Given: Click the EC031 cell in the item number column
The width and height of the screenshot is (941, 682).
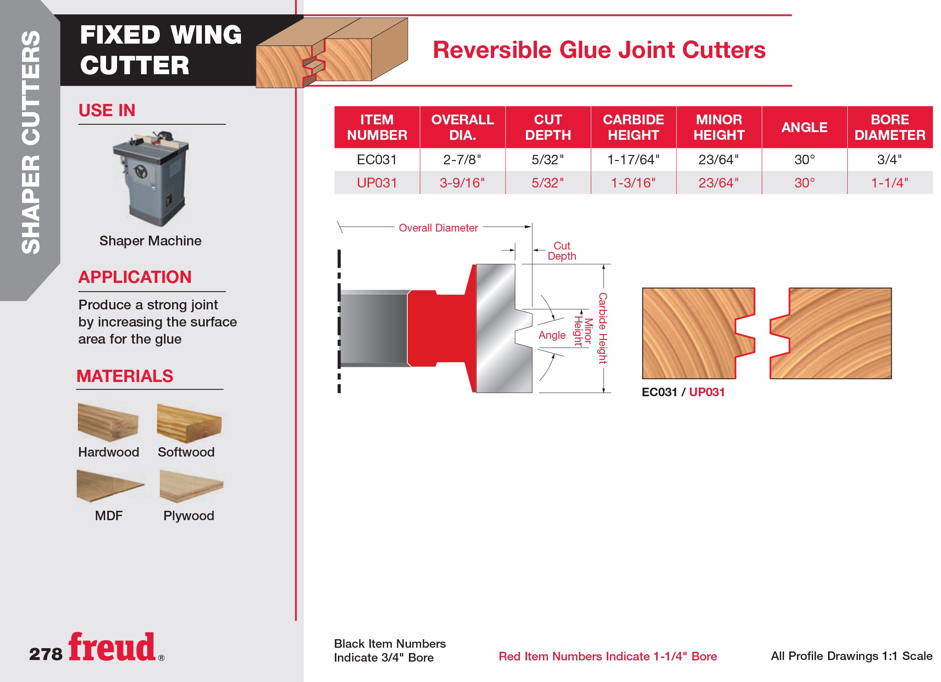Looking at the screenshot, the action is click(377, 160).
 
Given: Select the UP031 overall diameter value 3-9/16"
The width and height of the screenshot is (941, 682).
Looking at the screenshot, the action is click(462, 183).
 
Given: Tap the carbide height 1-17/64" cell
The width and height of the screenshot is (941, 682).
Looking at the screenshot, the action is click(633, 160).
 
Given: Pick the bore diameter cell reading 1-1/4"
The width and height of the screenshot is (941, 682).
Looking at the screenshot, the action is click(890, 183).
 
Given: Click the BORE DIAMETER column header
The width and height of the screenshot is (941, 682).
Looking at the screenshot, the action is click(890, 127).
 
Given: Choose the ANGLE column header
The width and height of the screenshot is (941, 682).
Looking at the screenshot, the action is click(804, 127).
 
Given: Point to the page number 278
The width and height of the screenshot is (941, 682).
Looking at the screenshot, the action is click(46, 654).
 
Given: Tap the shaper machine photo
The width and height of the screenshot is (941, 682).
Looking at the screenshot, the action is click(150, 179).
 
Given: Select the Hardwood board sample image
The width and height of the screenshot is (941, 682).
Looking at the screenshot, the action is click(108, 422).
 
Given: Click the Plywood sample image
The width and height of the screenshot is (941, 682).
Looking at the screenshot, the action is click(191, 486).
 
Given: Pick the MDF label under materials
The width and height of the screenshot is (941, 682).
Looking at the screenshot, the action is click(109, 516).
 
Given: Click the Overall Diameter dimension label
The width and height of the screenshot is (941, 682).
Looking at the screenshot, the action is click(438, 228).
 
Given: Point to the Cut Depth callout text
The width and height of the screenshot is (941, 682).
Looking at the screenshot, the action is click(562, 251).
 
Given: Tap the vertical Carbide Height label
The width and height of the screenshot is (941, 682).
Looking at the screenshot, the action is click(603, 328).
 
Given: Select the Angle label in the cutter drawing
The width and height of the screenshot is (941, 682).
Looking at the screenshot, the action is click(552, 335).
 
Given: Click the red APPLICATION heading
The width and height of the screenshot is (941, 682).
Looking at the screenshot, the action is click(135, 277).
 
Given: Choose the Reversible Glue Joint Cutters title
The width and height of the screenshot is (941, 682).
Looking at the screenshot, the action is click(599, 50).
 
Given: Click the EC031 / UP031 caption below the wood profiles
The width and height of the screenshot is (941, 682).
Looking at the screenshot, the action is click(683, 392).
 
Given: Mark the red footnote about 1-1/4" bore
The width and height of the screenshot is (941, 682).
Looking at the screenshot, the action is click(607, 656).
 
